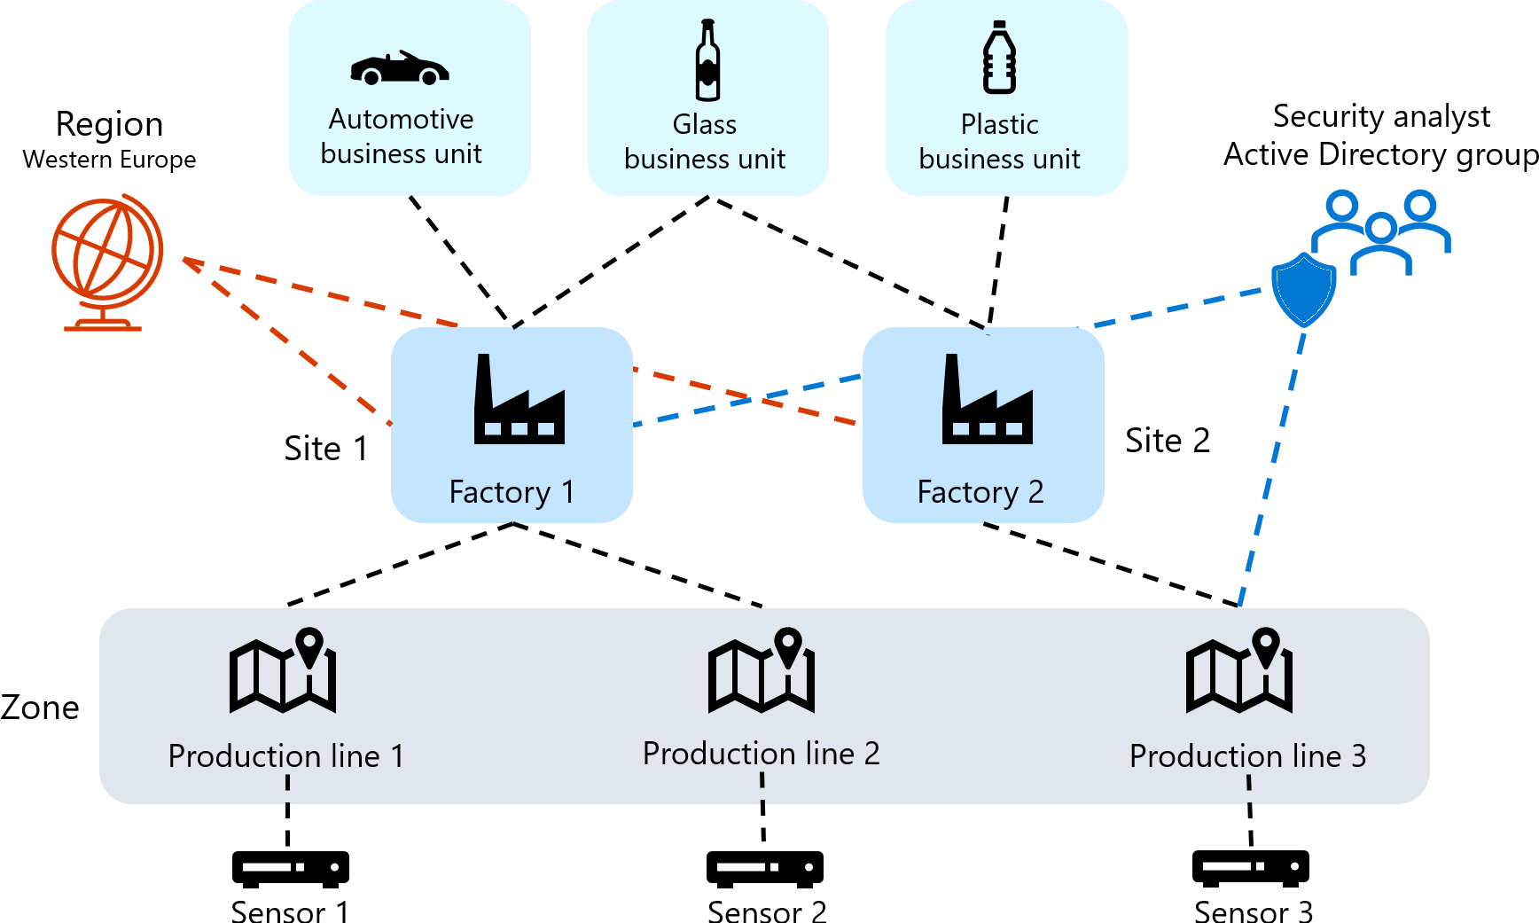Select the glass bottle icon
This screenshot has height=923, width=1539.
coord(707,60)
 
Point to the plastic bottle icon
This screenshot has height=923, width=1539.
coord(999,59)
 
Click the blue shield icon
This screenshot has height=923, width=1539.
coord(1303,289)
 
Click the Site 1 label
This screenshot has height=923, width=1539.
coord(325,449)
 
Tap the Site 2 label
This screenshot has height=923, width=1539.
coord(1167,441)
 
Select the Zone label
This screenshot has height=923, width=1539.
coord(40,708)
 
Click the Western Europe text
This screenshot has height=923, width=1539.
coord(109,160)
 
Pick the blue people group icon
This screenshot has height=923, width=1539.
coord(1381,232)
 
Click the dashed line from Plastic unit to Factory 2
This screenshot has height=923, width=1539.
coord(998,262)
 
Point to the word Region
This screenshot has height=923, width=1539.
coord(109,124)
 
